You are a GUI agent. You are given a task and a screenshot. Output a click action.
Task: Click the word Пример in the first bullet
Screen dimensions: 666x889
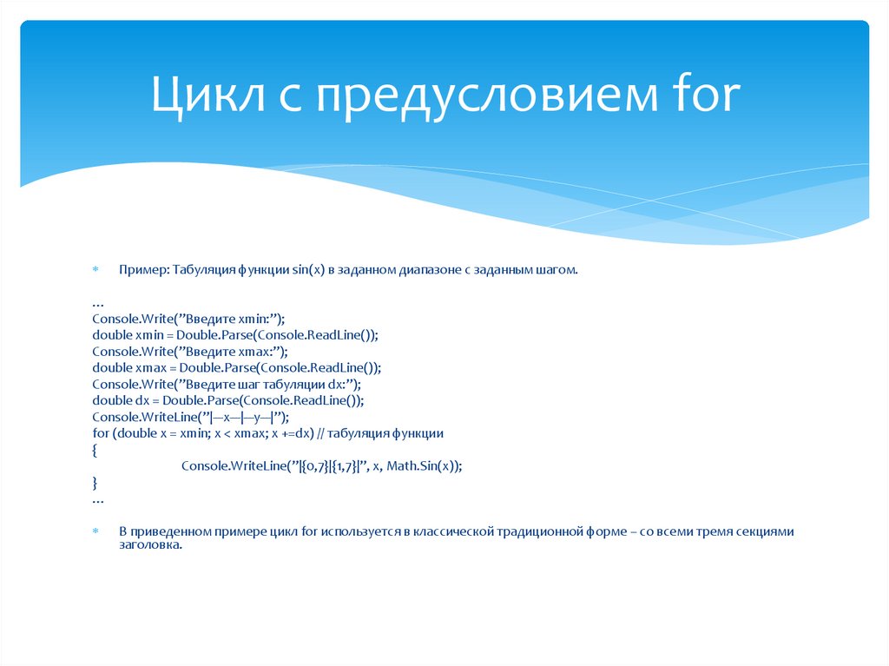[143, 270]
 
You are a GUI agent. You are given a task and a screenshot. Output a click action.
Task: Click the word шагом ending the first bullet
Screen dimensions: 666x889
[556, 270]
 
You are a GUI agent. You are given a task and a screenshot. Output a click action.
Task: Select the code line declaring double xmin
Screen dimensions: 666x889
[235, 334]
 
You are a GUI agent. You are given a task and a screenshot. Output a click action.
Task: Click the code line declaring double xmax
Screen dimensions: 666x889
[237, 367]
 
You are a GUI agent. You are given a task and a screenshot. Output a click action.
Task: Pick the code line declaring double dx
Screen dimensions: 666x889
[227, 400]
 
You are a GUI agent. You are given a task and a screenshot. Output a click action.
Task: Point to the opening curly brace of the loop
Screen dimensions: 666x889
[95, 450]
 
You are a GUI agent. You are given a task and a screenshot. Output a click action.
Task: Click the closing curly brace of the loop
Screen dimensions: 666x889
[95, 483]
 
